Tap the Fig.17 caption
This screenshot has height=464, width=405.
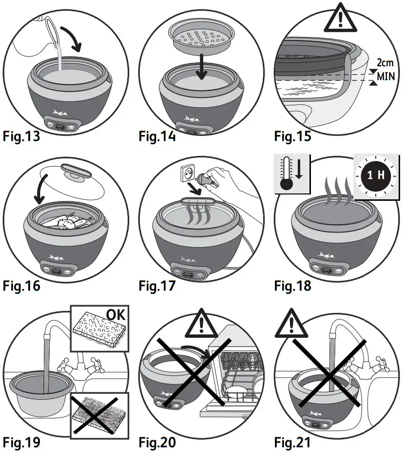(x=157, y=285)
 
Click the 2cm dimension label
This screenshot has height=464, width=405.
(x=385, y=63)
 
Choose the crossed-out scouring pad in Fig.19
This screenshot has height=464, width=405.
(x=96, y=411)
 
